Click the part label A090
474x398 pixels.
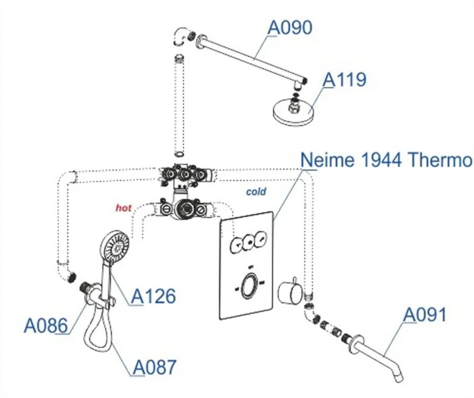click(289, 28)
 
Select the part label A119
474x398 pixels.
click(345, 80)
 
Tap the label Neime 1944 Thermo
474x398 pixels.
click(386, 161)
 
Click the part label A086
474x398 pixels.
click(46, 326)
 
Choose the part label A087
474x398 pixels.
click(154, 366)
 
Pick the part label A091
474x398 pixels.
click(427, 314)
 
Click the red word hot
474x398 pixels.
click(124, 208)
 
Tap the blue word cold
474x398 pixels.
click(256, 192)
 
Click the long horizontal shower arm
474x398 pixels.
click(251, 61)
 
